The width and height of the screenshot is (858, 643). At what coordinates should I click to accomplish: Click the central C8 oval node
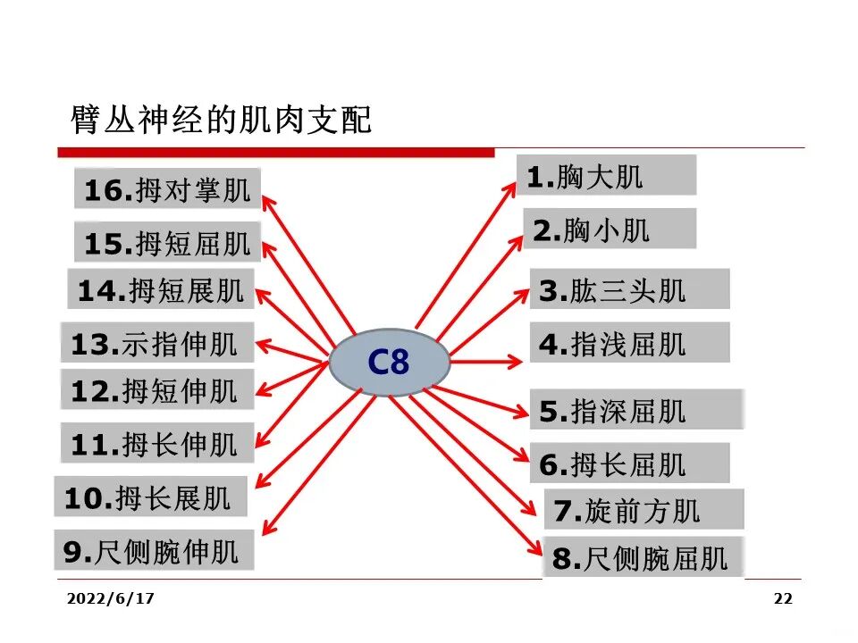pos(389,363)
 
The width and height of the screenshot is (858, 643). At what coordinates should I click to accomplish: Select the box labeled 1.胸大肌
pos(606,175)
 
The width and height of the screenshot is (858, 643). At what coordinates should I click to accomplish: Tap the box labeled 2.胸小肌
pos(609,230)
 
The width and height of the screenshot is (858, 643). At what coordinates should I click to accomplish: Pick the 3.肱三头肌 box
pos(629,289)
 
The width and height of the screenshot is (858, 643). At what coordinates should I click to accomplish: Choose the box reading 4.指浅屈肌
pos(629,343)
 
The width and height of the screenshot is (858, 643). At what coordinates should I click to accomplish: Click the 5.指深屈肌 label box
pos(636,410)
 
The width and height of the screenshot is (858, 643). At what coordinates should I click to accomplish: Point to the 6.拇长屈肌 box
pos(629,463)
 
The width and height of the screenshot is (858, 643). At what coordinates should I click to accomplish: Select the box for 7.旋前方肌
pos(643,510)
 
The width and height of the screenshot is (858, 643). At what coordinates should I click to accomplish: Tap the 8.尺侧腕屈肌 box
pos(643,558)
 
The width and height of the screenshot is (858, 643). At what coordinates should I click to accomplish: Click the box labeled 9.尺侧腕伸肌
pos(154,551)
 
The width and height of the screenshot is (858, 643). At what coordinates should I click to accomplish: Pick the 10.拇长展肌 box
pos(150,497)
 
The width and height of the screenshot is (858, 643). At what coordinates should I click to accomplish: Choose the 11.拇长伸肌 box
pos(156,443)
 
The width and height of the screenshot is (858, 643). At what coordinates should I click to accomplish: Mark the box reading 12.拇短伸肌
pos(156,390)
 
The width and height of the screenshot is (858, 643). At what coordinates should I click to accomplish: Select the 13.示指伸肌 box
pos(156,343)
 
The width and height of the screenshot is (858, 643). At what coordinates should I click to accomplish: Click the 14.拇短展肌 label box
pos(161,289)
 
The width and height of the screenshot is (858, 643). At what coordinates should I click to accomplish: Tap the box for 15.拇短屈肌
pos(168,242)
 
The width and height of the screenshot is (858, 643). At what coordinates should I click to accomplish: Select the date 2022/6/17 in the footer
pos(110,598)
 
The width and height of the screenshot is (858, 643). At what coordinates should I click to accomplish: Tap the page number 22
pos(783,598)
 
